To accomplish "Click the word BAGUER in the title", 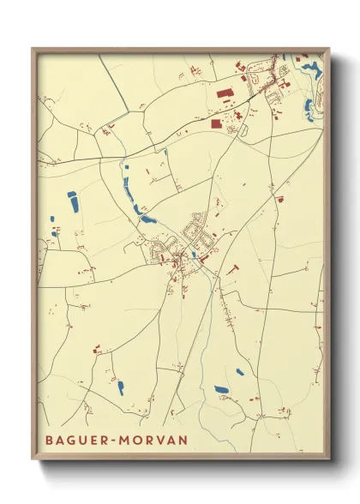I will click(73, 439).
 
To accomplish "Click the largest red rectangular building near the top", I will click(225, 94).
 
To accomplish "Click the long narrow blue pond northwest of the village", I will click(132, 195).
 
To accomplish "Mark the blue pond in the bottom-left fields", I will click(120, 387).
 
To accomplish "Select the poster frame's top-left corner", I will click(33, 49).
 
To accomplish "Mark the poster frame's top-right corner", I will click(329, 49).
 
